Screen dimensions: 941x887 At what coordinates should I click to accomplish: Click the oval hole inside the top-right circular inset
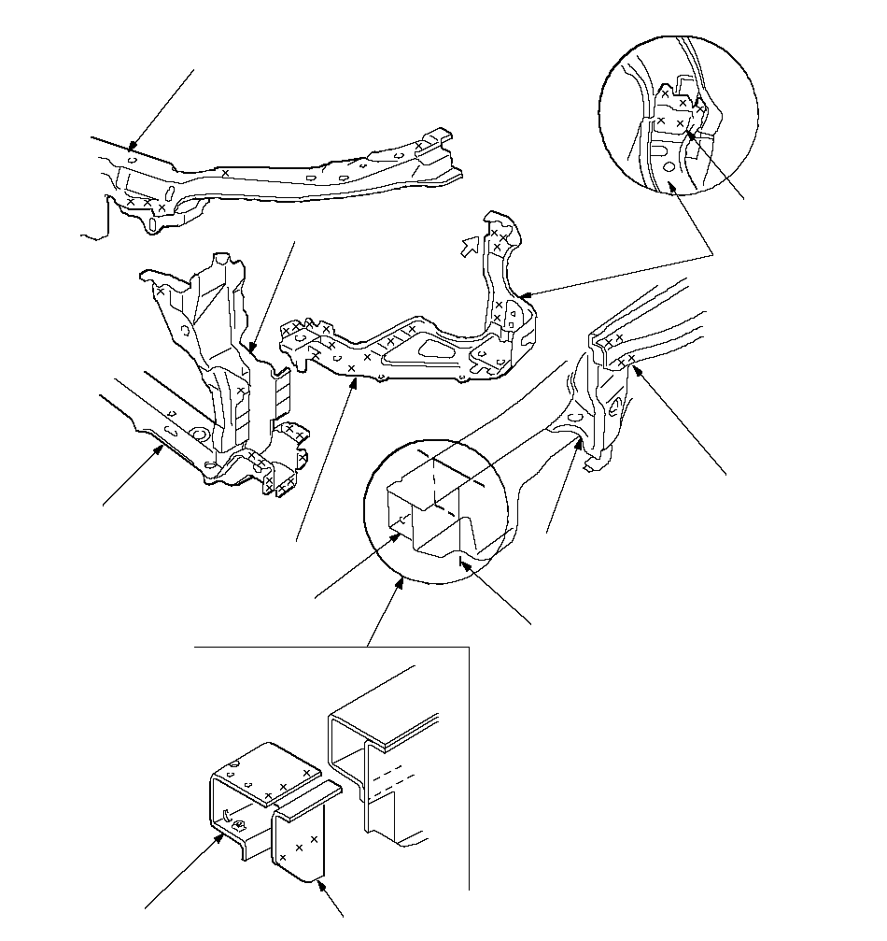[669, 167]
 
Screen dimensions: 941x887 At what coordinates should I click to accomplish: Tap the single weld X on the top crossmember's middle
[225, 173]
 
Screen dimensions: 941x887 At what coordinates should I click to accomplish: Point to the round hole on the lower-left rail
[198, 435]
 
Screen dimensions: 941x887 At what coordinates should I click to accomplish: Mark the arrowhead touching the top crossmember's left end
[134, 147]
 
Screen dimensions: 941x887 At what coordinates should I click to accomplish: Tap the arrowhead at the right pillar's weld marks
[638, 370]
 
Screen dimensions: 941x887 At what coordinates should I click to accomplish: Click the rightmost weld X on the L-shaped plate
[316, 839]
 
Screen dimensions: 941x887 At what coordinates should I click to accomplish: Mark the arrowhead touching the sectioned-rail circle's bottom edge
[401, 581]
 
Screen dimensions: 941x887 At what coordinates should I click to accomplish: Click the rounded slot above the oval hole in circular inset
[661, 146]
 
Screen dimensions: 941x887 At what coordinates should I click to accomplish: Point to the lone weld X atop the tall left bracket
[161, 292]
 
